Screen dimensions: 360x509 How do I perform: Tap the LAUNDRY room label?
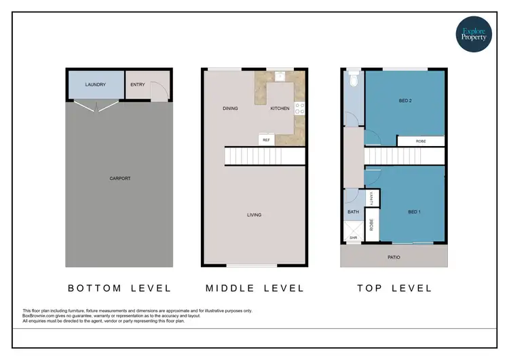[96, 85]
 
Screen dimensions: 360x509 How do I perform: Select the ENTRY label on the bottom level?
[138, 85]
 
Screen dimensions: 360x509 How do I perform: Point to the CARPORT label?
[119, 179]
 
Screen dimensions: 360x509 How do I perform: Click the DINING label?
[229, 109]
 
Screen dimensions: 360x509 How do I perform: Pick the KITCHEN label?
[280, 109]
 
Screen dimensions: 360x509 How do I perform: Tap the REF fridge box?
[266, 140]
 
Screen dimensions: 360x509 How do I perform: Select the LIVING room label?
[254, 215]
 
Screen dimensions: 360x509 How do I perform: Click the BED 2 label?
[406, 101]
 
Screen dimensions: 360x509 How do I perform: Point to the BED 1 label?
[415, 213]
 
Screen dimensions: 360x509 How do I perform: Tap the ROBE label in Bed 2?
[420, 141]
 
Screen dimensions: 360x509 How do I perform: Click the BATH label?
[353, 212]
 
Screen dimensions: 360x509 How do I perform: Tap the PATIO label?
[394, 257]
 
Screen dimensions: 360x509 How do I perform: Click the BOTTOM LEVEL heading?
[119, 289]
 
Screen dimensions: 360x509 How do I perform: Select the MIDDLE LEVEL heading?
[254, 289]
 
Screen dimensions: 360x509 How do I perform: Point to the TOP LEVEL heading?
[394, 289]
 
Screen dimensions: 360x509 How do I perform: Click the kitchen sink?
[279, 75]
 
